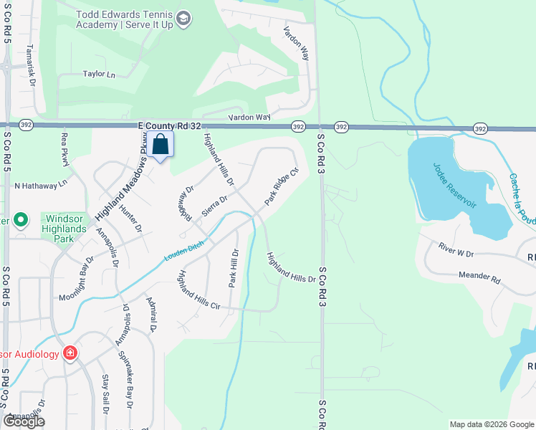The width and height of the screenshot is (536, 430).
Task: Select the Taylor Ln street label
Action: pos(99,74)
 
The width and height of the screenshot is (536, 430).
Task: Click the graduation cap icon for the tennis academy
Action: pos(183,18)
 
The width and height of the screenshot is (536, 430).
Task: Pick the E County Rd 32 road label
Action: pos(168,125)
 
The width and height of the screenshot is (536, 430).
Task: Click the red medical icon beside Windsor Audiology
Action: pos(70,353)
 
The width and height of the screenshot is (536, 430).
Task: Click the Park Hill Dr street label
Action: pos(233,268)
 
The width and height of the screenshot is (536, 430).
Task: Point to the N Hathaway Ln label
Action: pos(41,184)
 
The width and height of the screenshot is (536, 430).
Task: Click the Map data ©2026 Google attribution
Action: pos(491,424)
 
